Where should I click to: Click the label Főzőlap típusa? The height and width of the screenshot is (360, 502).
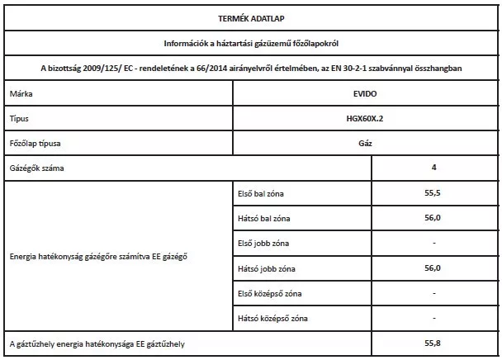pyautogui.click(x=37, y=144)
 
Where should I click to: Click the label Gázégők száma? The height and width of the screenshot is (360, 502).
pyautogui.click(x=37, y=168)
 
